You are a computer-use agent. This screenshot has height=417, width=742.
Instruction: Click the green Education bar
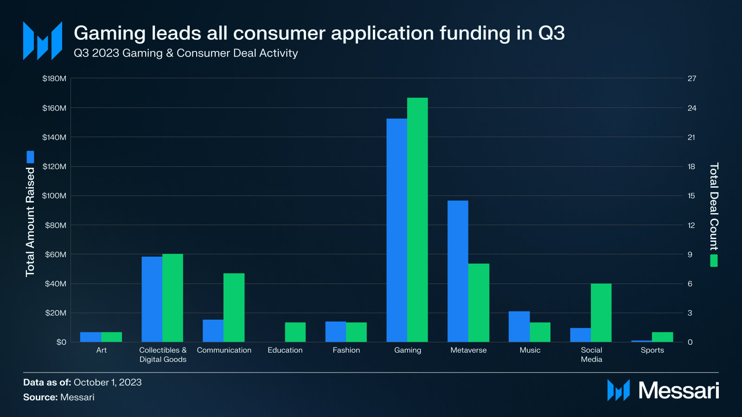tap(295, 332)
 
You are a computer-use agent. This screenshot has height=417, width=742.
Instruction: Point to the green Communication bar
tap(234, 308)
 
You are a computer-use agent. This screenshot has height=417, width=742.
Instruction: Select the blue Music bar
tap(519, 327)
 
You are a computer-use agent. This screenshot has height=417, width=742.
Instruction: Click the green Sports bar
tap(662, 337)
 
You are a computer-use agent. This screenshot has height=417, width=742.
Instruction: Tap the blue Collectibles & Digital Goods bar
tap(152, 299)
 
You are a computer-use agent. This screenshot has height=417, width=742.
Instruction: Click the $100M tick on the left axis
tap(54, 196)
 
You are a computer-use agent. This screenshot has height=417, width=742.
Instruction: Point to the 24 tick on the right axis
tap(692, 108)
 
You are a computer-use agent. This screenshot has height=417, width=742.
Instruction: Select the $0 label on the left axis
tap(61, 342)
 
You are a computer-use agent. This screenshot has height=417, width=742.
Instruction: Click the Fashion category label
tap(346, 350)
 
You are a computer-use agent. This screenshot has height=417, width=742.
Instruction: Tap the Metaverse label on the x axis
tap(468, 350)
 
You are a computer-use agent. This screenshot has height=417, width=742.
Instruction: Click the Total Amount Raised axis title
tap(30, 222)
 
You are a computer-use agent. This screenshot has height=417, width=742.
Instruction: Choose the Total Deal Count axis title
tap(714, 206)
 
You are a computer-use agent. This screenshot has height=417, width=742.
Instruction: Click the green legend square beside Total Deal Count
tap(714, 260)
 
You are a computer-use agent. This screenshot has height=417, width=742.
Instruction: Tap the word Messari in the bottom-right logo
tap(678, 391)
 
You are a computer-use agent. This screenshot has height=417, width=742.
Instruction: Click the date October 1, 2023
tap(108, 382)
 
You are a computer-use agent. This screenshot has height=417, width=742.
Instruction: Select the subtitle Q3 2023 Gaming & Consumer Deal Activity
tap(185, 53)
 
